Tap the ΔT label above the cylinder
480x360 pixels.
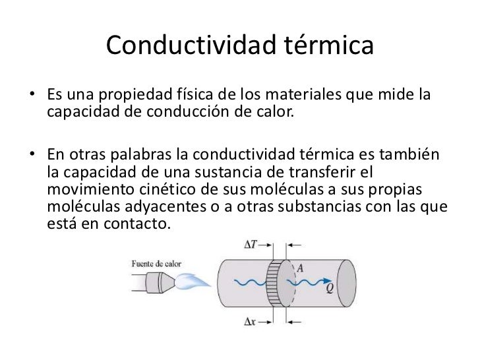pyautogui.click(x=251, y=245)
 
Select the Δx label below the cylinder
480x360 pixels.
pyautogui.click(x=251, y=322)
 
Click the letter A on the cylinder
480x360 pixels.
pyautogui.click(x=300, y=268)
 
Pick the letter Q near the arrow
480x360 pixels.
pyautogui.click(x=328, y=288)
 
